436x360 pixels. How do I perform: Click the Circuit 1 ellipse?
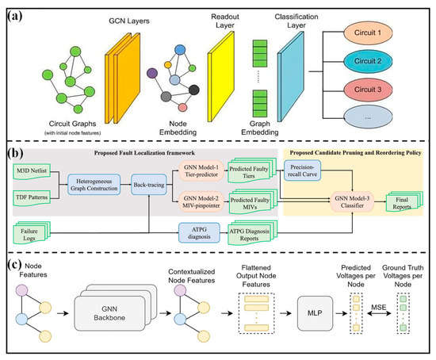[368, 33]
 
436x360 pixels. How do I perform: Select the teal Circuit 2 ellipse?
[368, 61]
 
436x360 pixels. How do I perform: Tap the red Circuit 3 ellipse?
[368, 90]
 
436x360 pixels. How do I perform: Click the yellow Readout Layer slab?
[221, 76]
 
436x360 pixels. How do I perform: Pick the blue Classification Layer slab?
[291, 76]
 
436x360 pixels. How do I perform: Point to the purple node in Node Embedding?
[152, 73]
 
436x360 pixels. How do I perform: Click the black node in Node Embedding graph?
[193, 90]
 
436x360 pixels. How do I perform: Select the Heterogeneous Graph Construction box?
[94, 185]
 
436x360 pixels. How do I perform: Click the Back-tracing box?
[149, 185]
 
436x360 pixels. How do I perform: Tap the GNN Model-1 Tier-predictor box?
[201, 170]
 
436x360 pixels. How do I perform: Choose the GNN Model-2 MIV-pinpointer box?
[201, 202]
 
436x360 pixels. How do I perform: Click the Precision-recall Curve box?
[302, 170]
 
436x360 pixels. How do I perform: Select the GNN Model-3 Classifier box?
[352, 202]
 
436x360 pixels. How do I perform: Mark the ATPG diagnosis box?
[199, 233]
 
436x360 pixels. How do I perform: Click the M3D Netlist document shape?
[32, 171]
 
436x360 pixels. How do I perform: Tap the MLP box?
[315, 313]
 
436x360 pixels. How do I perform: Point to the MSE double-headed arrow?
[379, 313]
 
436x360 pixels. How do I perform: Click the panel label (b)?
[15, 153]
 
